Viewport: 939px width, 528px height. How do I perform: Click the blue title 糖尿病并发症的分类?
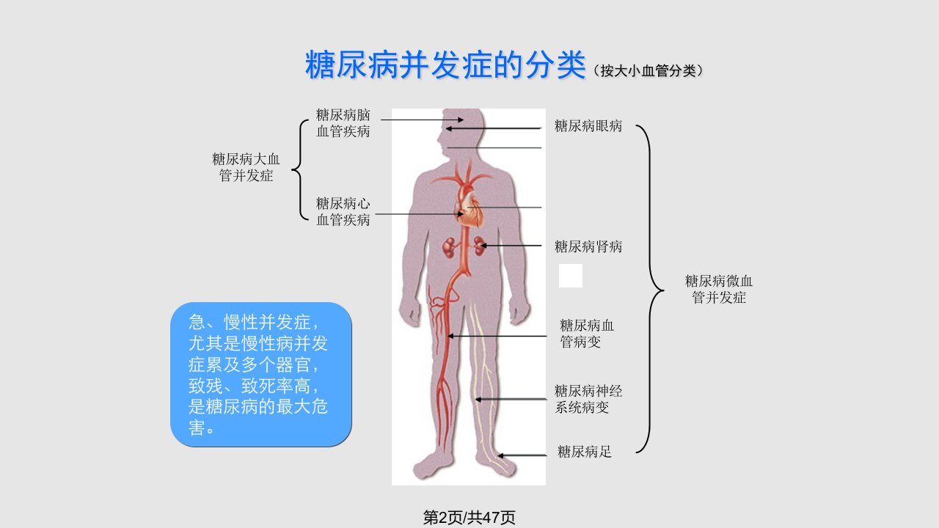[x=445, y=65]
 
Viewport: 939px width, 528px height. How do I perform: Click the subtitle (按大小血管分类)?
[x=648, y=71]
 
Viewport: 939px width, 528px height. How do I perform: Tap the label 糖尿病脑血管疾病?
[x=343, y=122]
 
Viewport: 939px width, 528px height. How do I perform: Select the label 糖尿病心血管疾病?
[x=343, y=212]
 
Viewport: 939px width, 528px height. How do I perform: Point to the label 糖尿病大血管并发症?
[x=246, y=167]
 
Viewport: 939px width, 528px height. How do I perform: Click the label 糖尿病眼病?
[x=588, y=125]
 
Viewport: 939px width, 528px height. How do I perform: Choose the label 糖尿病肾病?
[x=588, y=246]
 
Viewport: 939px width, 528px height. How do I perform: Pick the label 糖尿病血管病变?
[x=587, y=334]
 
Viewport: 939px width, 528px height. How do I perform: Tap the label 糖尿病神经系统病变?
[x=588, y=399]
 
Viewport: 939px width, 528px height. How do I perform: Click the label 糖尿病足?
[x=585, y=451]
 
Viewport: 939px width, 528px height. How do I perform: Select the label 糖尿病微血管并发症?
[x=718, y=289]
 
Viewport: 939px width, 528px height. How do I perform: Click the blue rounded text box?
[x=260, y=375]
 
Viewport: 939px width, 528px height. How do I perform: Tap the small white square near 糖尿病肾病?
[x=571, y=276]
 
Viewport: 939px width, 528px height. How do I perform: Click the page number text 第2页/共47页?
[x=469, y=518]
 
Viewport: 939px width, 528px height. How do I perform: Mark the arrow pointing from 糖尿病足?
[x=522, y=455]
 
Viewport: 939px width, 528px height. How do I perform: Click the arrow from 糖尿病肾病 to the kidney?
[x=511, y=246]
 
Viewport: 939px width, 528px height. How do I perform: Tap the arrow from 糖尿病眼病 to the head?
[x=494, y=128]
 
